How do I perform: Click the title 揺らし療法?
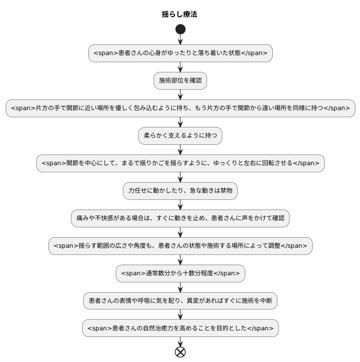point(179,14)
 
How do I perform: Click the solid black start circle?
point(180,29)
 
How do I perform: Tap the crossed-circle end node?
point(180,351)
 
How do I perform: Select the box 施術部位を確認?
point(180,81)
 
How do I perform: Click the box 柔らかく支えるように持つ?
point(180,136)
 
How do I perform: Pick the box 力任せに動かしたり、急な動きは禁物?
point(180,191)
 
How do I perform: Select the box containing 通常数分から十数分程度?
point(180,273)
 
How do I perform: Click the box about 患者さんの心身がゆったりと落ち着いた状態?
point(180,53)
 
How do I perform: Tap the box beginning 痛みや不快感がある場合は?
point(180,218)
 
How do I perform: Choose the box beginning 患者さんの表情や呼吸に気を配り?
point(180,301)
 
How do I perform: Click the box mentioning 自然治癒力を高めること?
point(180,328)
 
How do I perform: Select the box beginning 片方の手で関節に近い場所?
point(180,108)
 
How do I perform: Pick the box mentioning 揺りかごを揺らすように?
point(180,163)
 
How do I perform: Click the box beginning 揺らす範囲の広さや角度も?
point(180,246)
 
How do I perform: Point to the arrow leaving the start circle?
point(180,39)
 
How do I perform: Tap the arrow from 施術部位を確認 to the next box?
point(180,94)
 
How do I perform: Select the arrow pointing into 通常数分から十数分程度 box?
point(180,260)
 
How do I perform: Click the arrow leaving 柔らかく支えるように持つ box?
point(180,149)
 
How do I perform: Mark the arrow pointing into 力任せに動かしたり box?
point(180,177)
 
